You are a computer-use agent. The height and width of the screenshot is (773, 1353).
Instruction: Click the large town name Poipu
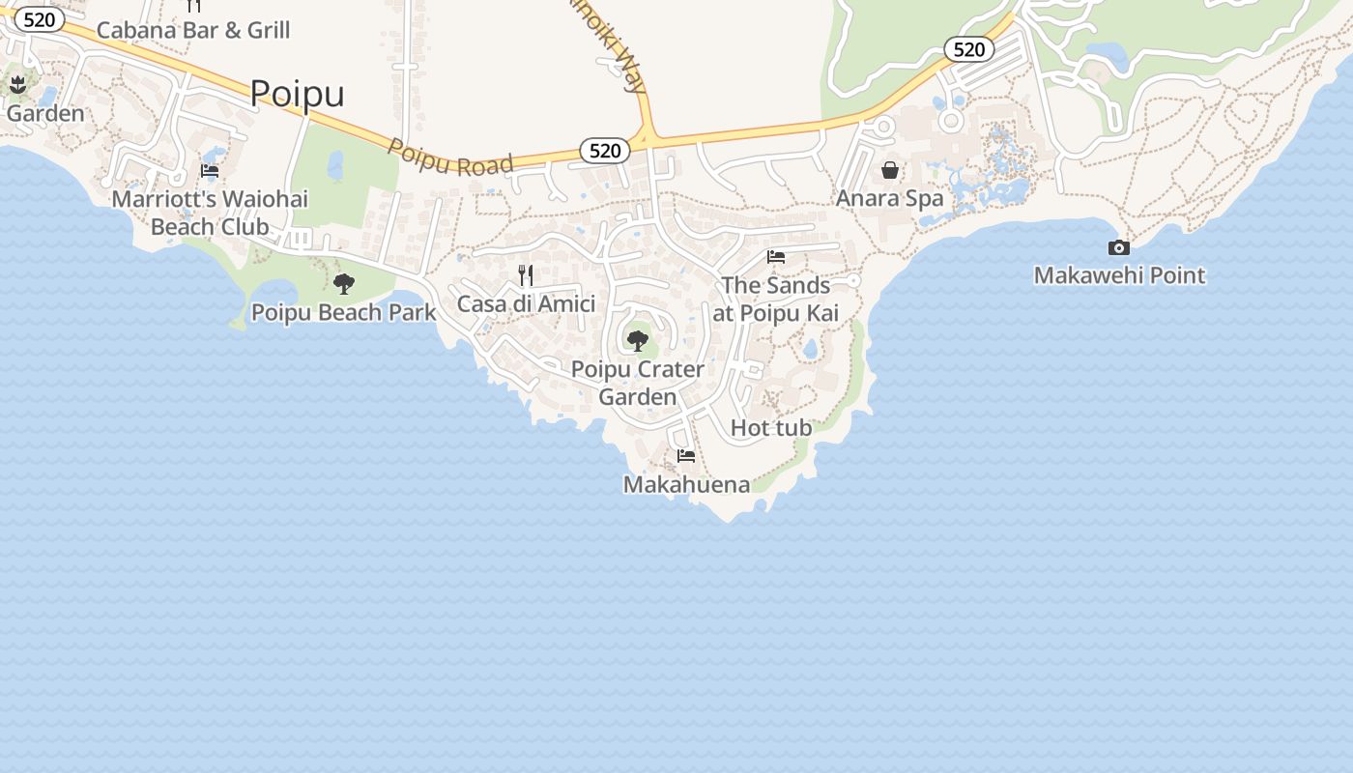[297, 94]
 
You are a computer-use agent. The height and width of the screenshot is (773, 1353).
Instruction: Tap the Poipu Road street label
[450, 157]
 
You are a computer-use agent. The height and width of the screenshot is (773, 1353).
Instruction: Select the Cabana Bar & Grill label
[193, 30]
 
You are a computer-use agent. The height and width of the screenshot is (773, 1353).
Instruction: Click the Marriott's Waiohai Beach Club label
[210, 213]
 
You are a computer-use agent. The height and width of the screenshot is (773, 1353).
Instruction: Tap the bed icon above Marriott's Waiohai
[210, 171]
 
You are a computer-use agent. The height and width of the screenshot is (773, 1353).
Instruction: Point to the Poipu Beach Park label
[343, 312]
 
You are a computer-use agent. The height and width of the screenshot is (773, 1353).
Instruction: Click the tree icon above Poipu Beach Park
[343, 284]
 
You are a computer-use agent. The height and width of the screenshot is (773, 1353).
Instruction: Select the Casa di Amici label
[526, 303]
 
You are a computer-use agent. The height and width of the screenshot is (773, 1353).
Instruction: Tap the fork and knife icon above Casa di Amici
[526, 275]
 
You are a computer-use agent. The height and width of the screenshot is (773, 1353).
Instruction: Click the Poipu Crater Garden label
[638, 383]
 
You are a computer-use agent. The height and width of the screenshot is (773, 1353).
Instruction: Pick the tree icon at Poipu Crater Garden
[638, 340]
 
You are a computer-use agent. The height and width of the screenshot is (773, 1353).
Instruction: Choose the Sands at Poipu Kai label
[775, 299]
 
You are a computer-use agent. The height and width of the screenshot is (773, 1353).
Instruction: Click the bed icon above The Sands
[775, 257]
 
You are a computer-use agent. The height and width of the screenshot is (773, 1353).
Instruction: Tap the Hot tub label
[770, 427]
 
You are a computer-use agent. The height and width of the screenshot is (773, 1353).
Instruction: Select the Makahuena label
[686, 484]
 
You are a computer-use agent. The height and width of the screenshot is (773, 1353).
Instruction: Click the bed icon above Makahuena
[686, 455]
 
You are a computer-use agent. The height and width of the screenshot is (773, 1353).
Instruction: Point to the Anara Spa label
[889, 198]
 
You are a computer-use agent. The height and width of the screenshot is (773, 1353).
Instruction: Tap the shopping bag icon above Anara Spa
[889, 171]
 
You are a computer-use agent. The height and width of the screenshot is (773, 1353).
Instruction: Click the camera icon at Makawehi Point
[1119, 247]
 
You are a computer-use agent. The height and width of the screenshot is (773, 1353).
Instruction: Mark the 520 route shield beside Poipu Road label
[605, 151]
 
